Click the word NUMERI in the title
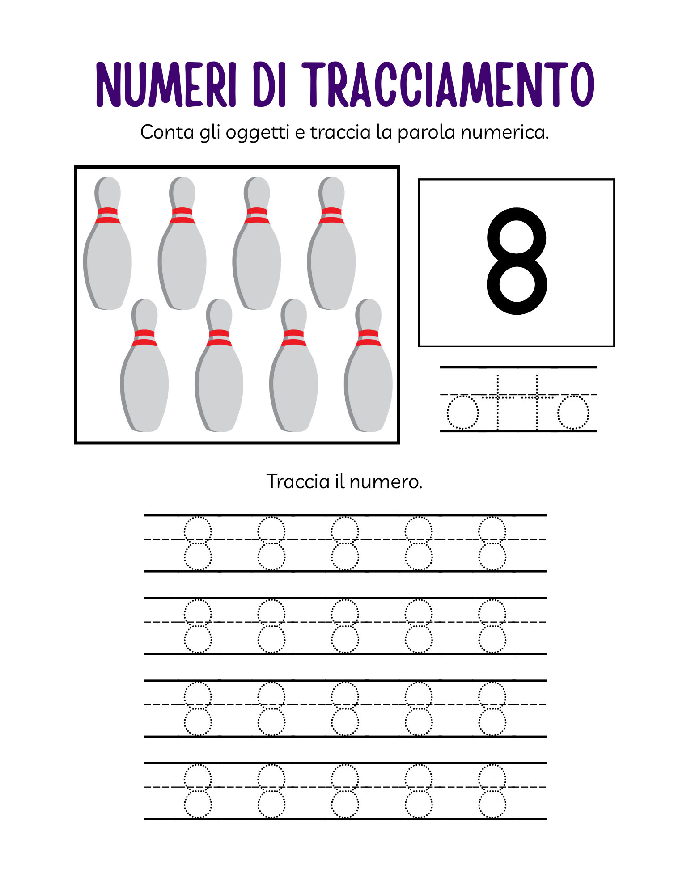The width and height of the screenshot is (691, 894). (166, 84)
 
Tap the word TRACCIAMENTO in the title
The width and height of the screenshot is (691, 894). (448, 84)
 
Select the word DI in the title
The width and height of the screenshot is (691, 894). (269, 84)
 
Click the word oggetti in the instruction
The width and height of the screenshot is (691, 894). (258, 133)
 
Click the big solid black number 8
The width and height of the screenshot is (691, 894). (517, 261)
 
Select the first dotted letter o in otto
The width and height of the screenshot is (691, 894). (463, 413)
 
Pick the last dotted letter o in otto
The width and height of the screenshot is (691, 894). (573, 413)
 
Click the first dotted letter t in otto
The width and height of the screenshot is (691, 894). (498, 402)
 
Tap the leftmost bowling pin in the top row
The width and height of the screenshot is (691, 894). (108, 243)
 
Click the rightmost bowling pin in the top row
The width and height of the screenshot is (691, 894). (331, 243)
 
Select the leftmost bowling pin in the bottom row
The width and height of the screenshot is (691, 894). (144, 366)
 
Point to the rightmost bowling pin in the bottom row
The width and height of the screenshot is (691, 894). (369, 366)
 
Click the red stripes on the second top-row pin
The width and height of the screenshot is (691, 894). (182, 215)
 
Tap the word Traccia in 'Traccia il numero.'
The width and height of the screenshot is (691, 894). (298, 481)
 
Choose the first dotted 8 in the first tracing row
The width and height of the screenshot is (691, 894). (198, 543)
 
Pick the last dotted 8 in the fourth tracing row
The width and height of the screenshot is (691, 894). (492, 791)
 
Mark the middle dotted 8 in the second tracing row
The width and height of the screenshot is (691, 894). (345, 626)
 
